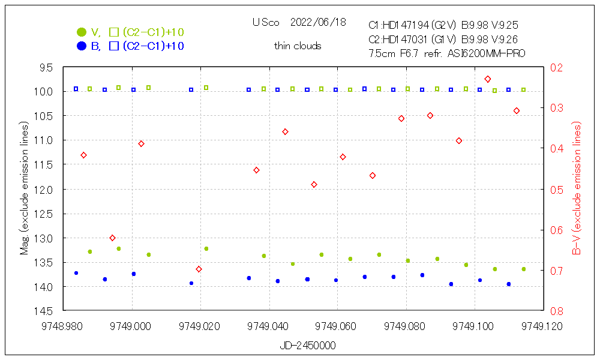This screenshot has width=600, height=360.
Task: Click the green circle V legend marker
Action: click(x=81, y=32)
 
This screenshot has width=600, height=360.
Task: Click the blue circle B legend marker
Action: click(x=81, y=46)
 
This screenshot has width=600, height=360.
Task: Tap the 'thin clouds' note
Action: click(x=298, y=46)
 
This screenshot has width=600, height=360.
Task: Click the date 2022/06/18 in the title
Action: click(x=317, y=22)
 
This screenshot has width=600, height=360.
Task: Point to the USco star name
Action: click(x=266, y=22)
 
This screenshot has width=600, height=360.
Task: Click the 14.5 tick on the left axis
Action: click(x=44, y=311)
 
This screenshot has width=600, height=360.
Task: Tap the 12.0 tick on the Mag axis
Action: click(x=44, y=189)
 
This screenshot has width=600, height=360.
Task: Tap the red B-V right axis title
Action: click(x=576, y=189)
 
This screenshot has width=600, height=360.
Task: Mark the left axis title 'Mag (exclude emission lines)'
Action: click(x=25, y=189)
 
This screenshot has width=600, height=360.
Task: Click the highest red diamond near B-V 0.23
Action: click(x=488, y=79)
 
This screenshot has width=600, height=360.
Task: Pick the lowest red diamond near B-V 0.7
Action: click(x=199, y=269)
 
